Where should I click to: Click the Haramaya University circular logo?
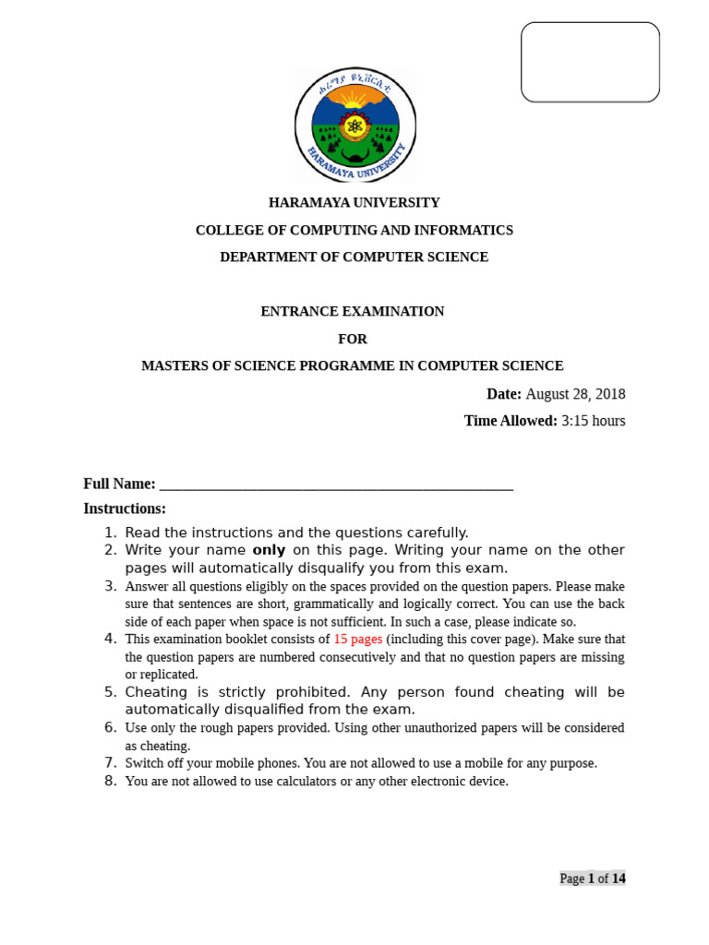pos(354,125)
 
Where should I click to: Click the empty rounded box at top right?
pos(590,62)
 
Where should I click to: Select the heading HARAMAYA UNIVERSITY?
pos(354,203)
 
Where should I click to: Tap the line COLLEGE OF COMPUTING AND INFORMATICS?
pos(354,230)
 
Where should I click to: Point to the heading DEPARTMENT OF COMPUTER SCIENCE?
pos(354,257)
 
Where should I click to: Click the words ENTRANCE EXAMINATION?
pos(352,312)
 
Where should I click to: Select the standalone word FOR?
pos(352,339)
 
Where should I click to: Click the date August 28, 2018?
pos(575,394)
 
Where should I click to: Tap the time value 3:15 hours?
pos(593,421)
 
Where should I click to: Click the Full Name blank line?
pos(336,484)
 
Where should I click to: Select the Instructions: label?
pos(125,508)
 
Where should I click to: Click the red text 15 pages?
pos(357,639)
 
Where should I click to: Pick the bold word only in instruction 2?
pos(269,550)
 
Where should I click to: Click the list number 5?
pos(110,692)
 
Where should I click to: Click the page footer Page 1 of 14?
pos(592,879)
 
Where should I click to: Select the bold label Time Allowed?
pos(511,421)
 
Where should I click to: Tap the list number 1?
pos(110,532)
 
